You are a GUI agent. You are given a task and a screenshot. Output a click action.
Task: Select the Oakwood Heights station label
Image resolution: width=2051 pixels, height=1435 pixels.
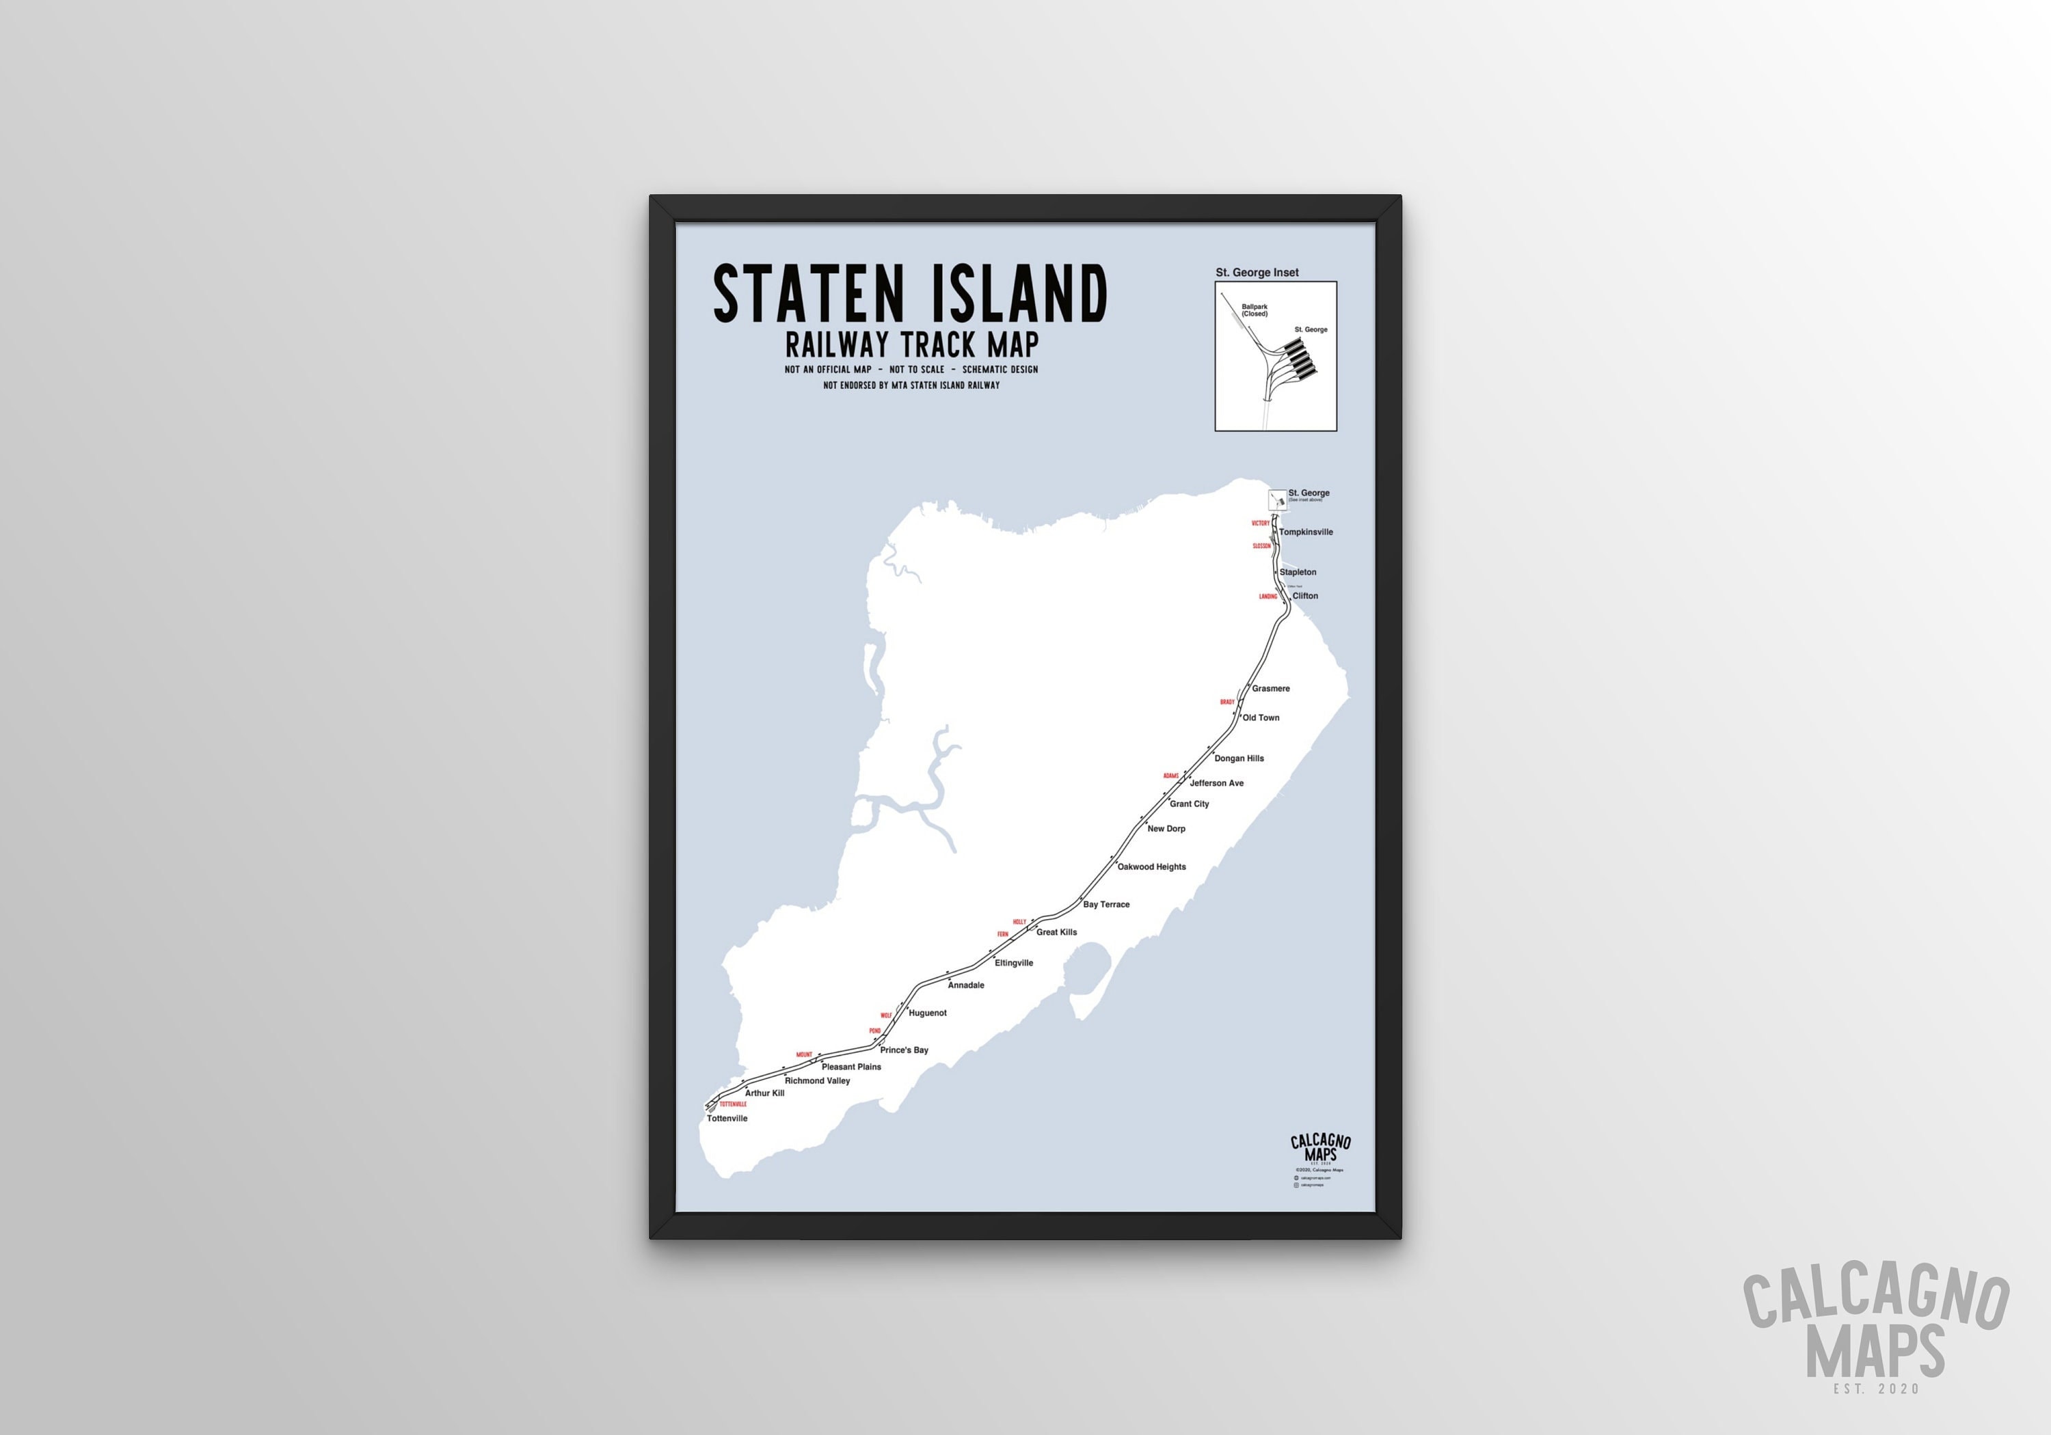click(x=1151, y=867)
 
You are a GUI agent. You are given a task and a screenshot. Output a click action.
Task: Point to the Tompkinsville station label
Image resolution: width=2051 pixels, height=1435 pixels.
click(x=1305, y=532)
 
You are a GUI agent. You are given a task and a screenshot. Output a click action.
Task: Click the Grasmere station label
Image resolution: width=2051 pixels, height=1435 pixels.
click(x=1270, y=689)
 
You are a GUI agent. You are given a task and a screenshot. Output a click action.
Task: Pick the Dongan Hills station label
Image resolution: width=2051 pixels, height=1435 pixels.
click(x=1238, y=758)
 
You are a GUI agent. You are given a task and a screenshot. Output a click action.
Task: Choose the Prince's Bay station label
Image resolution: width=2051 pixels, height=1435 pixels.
click(x=904, y=1050)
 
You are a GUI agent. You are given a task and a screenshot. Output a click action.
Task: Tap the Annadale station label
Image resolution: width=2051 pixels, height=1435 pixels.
click(x=965, y=985)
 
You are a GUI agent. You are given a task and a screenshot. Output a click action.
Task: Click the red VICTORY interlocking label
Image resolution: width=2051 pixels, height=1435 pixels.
click(x=1261, y=523)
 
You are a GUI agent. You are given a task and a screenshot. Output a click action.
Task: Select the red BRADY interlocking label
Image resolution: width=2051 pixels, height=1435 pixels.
click(x=1227, y=702)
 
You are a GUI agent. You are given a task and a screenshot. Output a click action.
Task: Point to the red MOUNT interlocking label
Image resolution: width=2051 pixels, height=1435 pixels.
click(x=804, y=1054)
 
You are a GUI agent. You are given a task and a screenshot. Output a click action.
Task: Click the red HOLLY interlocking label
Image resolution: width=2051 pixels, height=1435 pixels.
click(x=1019, y=922)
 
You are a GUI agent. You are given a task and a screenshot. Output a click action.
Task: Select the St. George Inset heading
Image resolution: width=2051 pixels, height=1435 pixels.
click(x=1257, y=273)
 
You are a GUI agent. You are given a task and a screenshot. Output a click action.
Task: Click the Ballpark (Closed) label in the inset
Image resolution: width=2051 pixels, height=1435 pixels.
click(x=1254, y=310)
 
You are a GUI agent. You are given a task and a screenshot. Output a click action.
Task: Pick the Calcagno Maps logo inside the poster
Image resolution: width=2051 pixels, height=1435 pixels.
click(x=1320, y=1149)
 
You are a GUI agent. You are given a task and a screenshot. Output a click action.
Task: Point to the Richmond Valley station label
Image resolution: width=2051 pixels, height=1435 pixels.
click(x=818, y=1080)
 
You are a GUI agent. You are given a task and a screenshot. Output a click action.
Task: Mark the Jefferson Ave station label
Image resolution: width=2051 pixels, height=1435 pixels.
click(x=1216, y=783)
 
